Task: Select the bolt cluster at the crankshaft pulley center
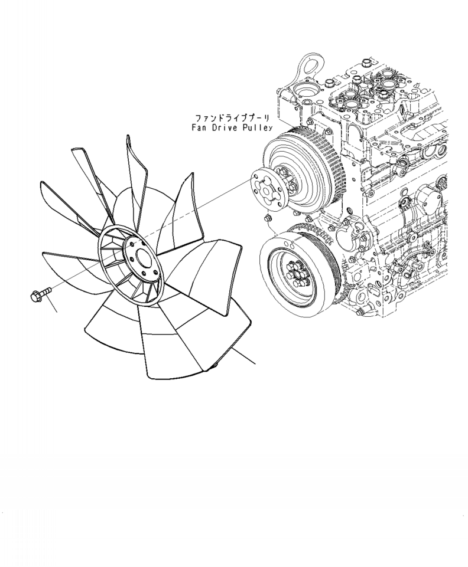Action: click(292, 271)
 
